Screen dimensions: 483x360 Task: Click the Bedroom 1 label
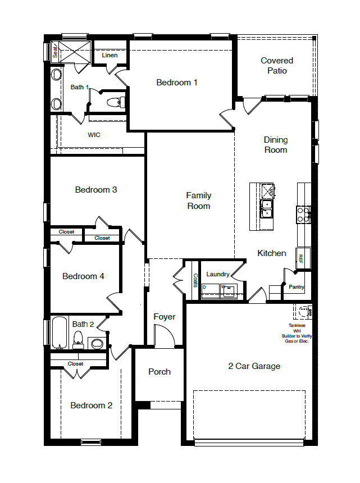point(176,83)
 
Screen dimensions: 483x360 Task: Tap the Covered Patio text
point(277,66)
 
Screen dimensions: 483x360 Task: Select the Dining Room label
point(275,145)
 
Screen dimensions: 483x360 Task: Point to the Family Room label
point(199,201)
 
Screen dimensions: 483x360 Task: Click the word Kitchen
point(272,253)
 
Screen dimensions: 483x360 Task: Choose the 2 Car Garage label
point(254,366)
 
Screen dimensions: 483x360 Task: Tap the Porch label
point(160,372)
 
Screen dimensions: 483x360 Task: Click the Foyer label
point(165,317)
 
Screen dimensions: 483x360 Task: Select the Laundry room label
point(217,274)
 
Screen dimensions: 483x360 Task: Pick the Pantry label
point(296,287)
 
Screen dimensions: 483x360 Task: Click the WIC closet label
point(94,135)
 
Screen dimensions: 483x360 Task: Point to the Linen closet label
point(110,55)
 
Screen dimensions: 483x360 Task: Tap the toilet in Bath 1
point(115,102)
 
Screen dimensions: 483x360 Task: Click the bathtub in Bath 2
point(60,334)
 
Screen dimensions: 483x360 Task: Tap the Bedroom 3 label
point(96,190)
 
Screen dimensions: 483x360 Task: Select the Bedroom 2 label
point(91,405)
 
